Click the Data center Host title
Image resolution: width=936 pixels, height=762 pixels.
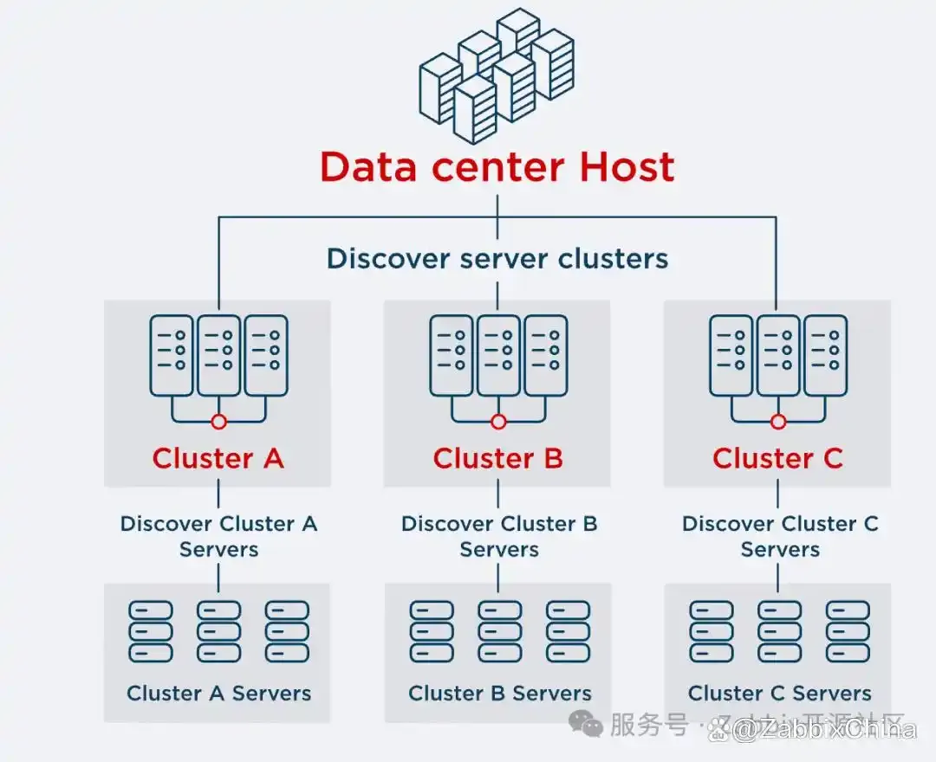pos(497,167)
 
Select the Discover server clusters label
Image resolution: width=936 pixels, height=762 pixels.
pos(497,258)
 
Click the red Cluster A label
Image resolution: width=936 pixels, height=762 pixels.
pos(218,458)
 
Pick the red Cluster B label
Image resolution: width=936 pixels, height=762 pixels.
pos(498,458)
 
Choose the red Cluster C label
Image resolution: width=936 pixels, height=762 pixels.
pos(777,458)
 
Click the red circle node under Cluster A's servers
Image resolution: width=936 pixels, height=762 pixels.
pos(218,422)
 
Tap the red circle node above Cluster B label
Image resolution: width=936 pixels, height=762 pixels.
pos(498,422)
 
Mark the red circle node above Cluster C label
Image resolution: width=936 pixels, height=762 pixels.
pos(778,422)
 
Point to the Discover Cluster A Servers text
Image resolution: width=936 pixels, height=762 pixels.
pos(218,536)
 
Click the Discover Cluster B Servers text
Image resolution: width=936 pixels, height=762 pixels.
pos(499,536)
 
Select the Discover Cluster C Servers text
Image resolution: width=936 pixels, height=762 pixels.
pos(780,536)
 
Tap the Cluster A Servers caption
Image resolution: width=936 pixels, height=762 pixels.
pos(218,693)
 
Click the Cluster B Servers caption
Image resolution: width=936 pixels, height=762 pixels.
pos(500,693)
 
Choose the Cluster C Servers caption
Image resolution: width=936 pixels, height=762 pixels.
pos(779,693)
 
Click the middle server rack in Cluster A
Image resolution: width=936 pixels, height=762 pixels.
pos(218,354)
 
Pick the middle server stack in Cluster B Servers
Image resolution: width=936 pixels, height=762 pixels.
pos(499,631)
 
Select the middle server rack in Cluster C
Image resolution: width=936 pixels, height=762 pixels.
pos(778,354)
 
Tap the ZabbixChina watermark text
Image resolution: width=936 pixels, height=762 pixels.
pos(823,729)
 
